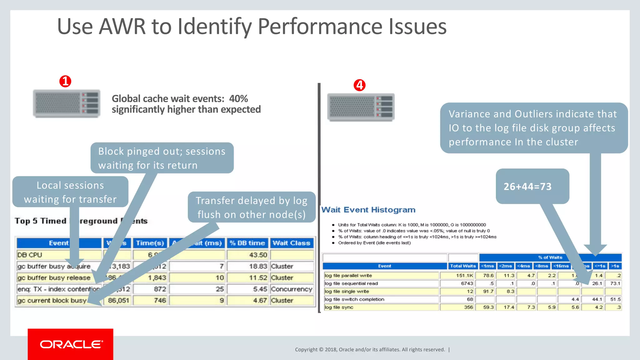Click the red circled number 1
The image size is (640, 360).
(x=65, y=81)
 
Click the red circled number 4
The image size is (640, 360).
(x=359, y=85)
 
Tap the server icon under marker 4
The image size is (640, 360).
(x=361, y=107)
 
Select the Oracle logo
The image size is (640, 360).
(x=71, y=344)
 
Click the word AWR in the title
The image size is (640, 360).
(x=122, y=27)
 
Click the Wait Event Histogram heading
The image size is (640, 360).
(x=368, y=210)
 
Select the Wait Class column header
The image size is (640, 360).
(x=291, y=243)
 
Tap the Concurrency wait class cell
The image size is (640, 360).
(x=292, y=289)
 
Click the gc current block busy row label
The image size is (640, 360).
(x=52, y=301)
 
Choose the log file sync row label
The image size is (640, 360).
(x=339, y=307)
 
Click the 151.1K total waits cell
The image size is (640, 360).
(x=464, y=276)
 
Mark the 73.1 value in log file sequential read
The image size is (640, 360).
(x=615, y=283)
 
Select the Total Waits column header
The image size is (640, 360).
(x=463, y=266)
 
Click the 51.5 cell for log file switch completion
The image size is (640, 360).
(x=615, y=299)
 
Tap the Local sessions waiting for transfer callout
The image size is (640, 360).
(x=70, y=192)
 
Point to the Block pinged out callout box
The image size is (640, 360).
(x=162, y=158)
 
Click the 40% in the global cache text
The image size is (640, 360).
(x=238, y=99)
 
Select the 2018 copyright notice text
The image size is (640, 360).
(x=370, y=349)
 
